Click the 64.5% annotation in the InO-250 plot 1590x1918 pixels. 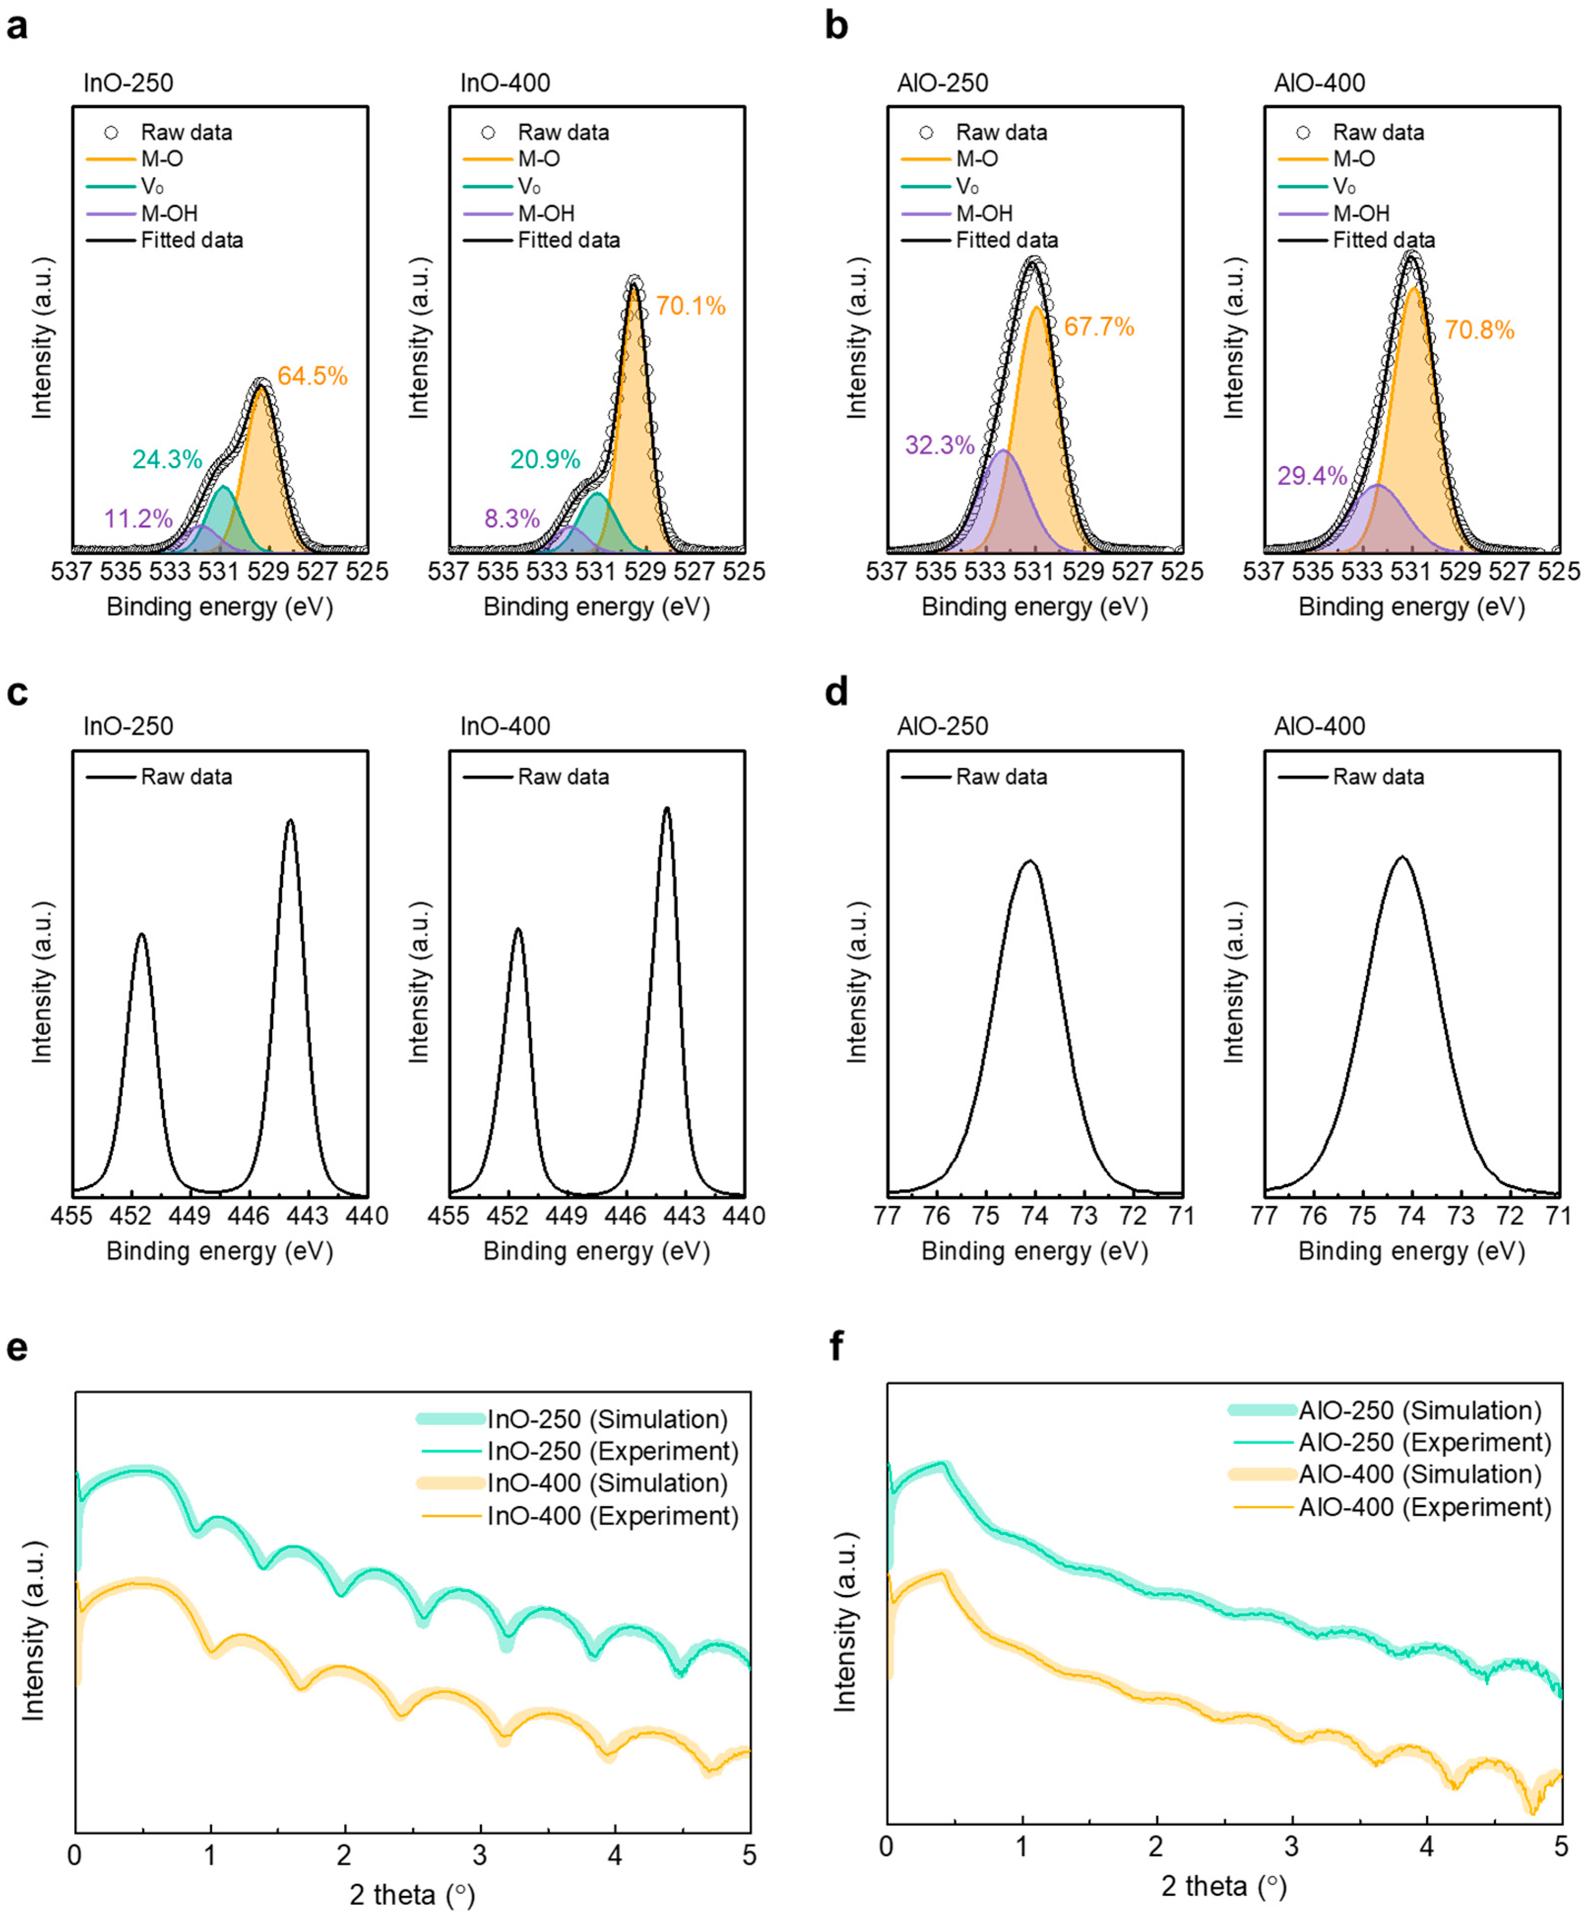pyautogui.click(x=312, y=377)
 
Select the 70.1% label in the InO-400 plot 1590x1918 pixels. pyautogui.click(x=690, y=306)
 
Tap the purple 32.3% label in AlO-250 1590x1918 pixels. pyautogui.click(x=940, y=446)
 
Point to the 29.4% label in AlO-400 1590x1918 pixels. pyautogui.click(x=1312, y=476)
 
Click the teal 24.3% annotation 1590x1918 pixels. pyautogui.click(x=167, y=459)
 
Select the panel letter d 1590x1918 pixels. pyautogui.click(x=837, y=692)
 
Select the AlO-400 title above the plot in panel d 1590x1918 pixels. pyautogui.click(x=1320, y=726)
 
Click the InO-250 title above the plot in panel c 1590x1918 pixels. pyautogui.click(x=128, y=726)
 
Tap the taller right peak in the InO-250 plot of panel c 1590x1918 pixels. pyautogui.click(x=290, y=822)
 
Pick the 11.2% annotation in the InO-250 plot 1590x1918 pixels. pyautogui.click(x=138, y=519)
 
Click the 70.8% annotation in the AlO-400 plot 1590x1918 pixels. pyautogui.click(x=1479, y=330)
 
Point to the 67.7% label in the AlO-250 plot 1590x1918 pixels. pyautogui.click(x=1099, y=326)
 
